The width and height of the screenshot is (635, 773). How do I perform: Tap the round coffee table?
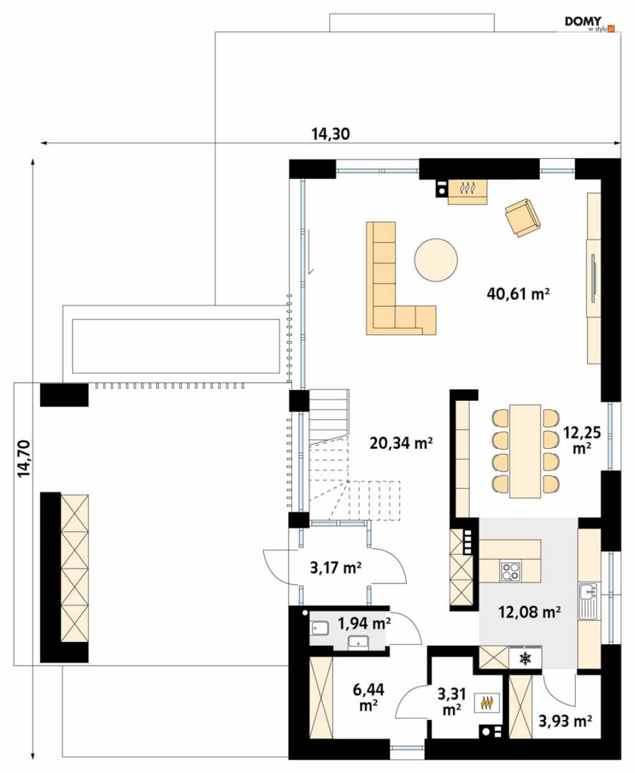point(436,260)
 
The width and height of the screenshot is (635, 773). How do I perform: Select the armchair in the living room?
point(523,218)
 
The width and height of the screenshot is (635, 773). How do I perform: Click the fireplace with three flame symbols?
point(468,191)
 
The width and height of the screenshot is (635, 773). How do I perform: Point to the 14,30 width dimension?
point(331,134)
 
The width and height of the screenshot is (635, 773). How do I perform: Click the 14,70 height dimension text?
point(24,458)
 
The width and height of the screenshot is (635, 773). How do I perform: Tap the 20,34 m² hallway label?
point(401,443)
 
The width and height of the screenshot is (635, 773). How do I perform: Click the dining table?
point(525,451)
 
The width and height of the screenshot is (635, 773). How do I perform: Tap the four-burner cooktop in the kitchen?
point(511,571)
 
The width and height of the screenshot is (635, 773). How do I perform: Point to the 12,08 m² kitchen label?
point(530,612)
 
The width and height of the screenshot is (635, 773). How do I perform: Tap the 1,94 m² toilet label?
point(364,623)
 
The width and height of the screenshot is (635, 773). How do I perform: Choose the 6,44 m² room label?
point(368,697)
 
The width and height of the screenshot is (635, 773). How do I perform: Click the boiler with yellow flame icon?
point(486,702)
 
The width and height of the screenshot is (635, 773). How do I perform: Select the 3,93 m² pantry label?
point(565,721)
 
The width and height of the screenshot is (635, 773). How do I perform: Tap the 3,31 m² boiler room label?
point(451,701)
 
